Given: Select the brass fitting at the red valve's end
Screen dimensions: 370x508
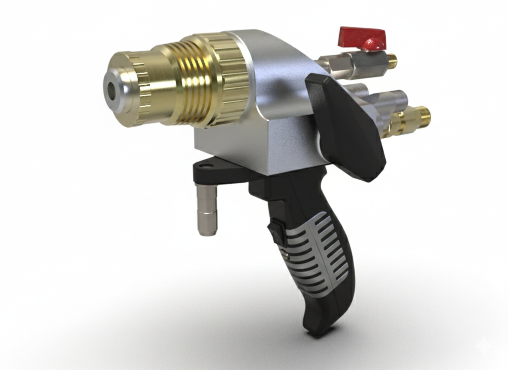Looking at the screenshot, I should click(x=391, y=60).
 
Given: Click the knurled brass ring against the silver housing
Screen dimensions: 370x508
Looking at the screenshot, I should click(x=232, y=77).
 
